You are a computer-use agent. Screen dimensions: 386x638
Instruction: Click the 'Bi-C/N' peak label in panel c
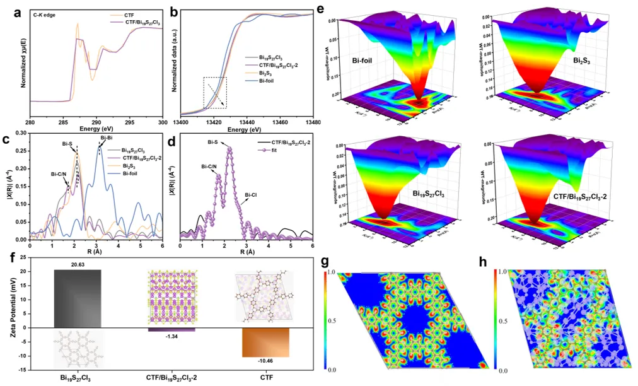click(61, 173)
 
